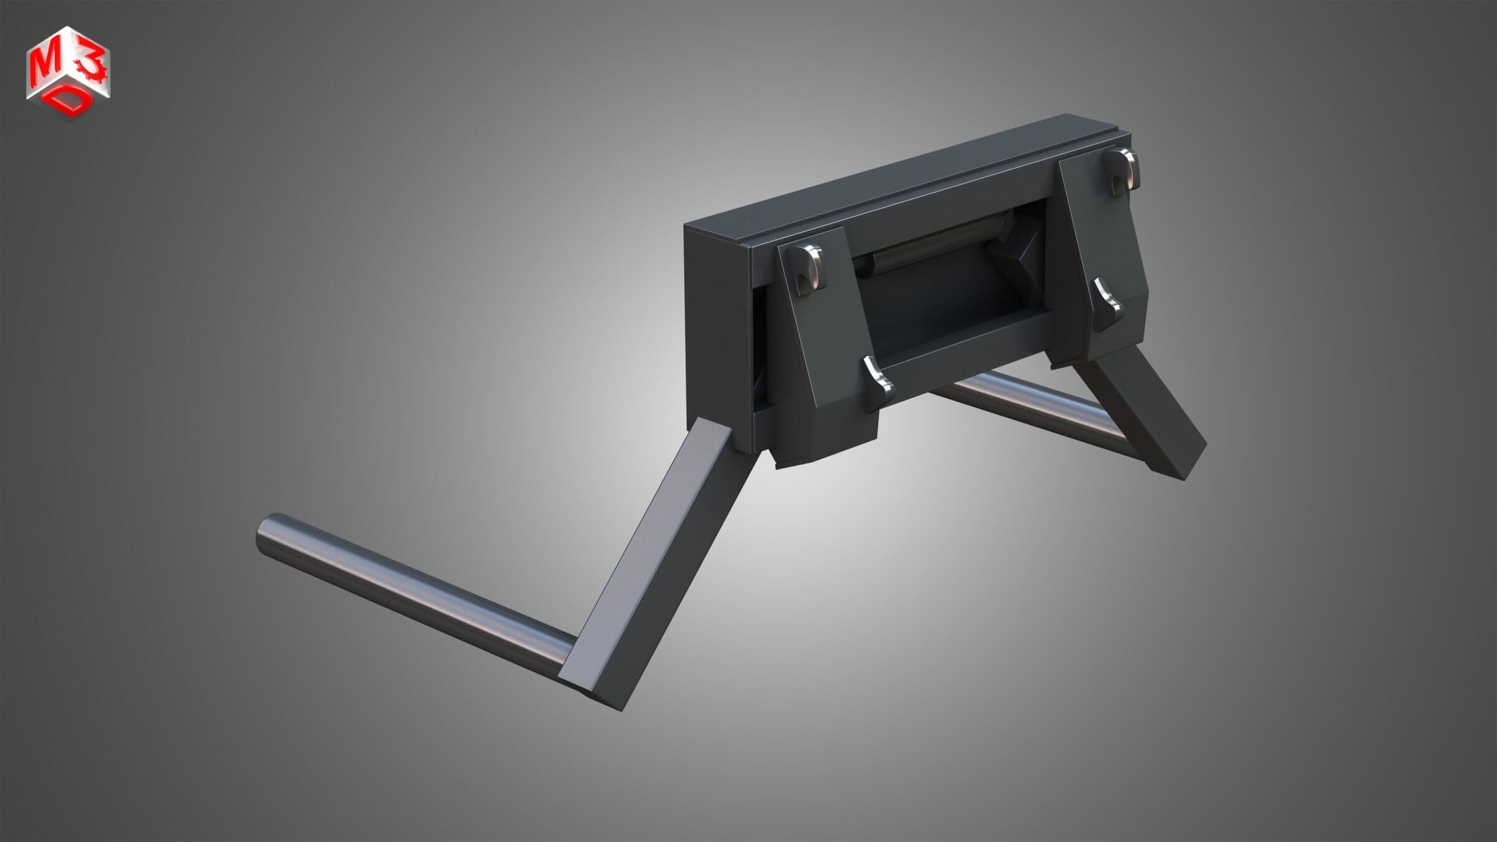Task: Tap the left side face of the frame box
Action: click(717, 331)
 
